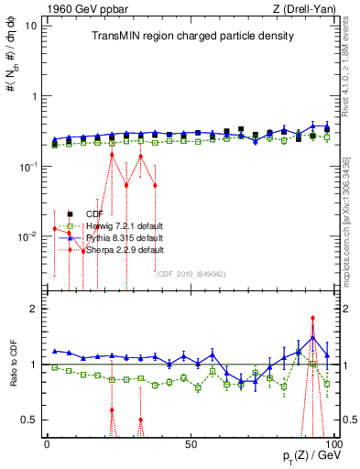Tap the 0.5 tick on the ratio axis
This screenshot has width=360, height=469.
coord(32,420)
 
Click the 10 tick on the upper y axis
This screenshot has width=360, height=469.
coord(32,25)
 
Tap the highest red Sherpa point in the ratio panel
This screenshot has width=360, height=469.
coord(313,319)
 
